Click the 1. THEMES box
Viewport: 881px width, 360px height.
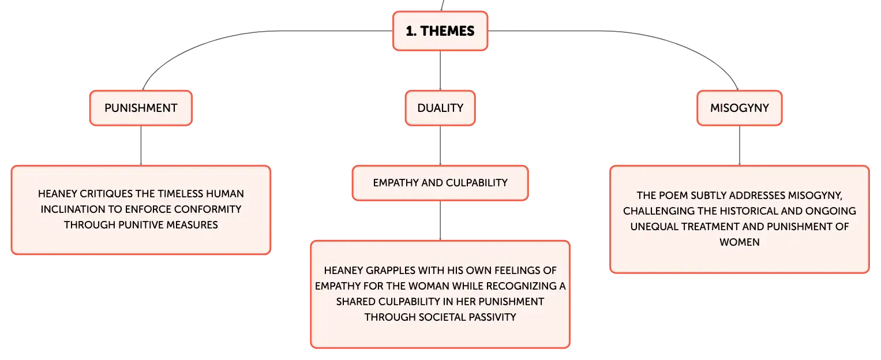440,31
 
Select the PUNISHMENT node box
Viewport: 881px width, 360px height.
141,108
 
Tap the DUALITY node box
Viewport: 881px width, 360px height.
440,108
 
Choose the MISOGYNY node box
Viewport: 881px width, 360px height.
740,108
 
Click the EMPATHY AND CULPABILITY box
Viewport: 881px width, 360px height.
440,183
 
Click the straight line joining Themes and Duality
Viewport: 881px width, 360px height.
440,70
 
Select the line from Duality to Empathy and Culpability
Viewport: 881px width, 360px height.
440,145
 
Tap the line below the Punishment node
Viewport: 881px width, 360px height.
141,145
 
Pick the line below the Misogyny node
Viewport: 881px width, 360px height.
740,145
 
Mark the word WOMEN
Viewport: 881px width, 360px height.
740,242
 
